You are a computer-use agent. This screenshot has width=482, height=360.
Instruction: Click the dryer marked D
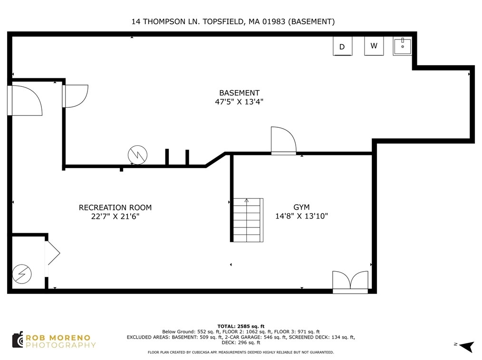pos(342,46)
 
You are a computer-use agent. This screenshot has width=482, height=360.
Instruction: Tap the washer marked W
pos(374,46)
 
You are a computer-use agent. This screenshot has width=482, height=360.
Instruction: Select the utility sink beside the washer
pos(402,46)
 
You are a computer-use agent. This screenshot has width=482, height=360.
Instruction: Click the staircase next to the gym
pos(248,220)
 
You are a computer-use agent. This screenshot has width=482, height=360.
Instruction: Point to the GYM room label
pos(301,207)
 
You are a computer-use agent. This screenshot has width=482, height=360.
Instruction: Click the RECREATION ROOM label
pos(116,208)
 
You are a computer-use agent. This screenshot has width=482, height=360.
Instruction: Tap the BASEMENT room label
pos(239,93)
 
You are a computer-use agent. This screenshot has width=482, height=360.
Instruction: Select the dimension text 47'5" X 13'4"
pos(239,102)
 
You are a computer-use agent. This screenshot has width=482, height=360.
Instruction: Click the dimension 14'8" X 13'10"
pos(301,216)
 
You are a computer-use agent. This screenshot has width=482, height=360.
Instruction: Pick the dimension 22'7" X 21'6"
pos(116,216)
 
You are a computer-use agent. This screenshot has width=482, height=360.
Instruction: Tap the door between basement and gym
pos(283,141)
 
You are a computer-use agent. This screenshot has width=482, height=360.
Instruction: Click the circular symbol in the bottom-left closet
pos(22,274)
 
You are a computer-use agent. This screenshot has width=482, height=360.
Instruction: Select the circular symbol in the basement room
pos(137,155)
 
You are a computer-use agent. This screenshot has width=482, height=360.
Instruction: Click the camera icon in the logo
pos(18,340)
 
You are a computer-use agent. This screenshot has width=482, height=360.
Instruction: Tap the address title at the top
pos(233,21)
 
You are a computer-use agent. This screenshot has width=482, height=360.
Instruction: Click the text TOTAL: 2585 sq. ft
pos(241,326)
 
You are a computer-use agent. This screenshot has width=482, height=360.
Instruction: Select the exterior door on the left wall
pos(25,100)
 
